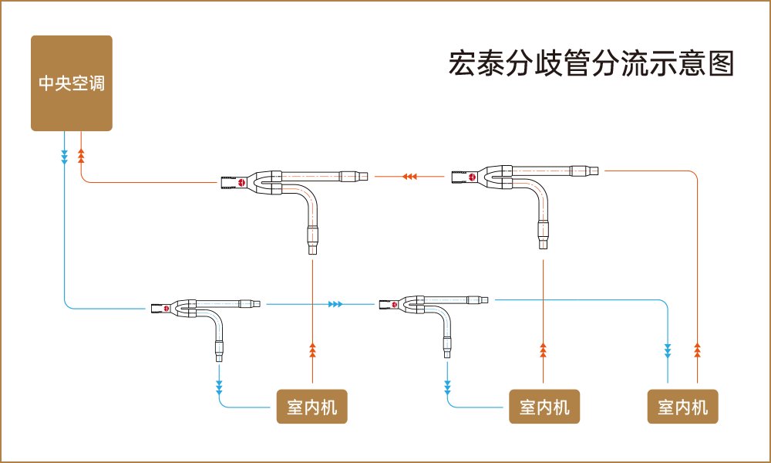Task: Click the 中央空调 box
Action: (x=72, y=83)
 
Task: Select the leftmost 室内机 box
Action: (x=311, y=407)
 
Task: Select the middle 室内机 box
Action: (x=544, y=407)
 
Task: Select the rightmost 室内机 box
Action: (x=682, y=407)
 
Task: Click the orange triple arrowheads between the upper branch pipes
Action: (x=410, y=177)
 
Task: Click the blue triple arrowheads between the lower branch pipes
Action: (x=335, y=305)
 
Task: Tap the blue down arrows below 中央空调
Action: (x=65, y=157)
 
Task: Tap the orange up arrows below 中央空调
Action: (x=81, y=157)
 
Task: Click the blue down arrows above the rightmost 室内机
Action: (x=668, y=351)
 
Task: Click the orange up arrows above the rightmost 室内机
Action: (x=697, y=351)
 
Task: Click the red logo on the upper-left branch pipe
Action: (x=241, y=183)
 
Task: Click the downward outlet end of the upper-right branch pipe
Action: (x=544, y=245)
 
